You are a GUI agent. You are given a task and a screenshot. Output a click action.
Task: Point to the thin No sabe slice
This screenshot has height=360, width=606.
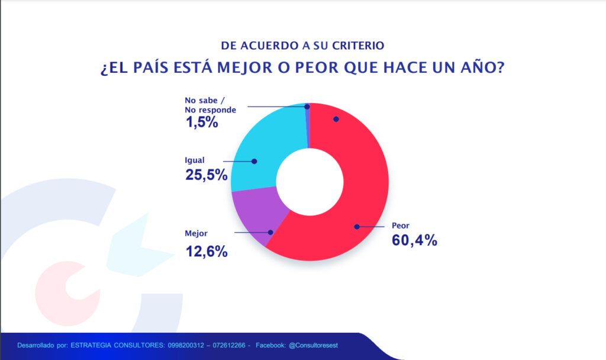308,124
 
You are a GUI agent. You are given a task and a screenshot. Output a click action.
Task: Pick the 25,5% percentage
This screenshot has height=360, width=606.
207,175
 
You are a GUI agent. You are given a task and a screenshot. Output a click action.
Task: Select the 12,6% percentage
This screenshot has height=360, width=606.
207,251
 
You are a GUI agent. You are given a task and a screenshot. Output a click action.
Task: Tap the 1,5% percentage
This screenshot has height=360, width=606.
202,123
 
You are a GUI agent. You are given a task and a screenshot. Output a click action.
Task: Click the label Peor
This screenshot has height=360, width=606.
401,226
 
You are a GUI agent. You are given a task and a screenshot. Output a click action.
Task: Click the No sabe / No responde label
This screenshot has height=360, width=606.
210,105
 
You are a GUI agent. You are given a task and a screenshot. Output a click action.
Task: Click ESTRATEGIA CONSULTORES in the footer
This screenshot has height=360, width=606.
105,345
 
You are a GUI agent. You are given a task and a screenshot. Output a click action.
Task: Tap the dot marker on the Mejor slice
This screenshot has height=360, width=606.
270,233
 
